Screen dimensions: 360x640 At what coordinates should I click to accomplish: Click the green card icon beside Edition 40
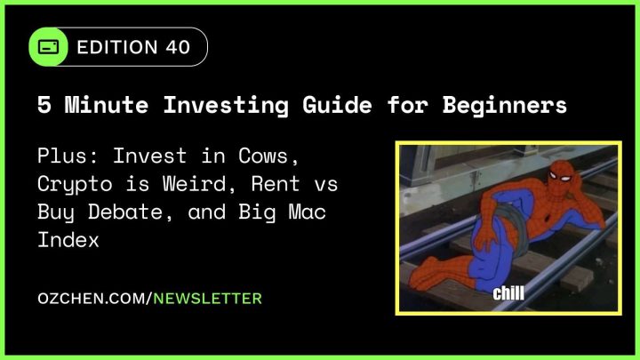tap(50, 47)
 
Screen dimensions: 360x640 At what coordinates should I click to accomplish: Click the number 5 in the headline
tap(44, 106)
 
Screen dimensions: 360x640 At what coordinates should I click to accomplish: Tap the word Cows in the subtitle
tap(259, 157)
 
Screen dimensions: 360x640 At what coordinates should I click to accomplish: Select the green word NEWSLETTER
tap(208, 299)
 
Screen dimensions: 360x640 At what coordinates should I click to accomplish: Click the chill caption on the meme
tap(509, 292)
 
